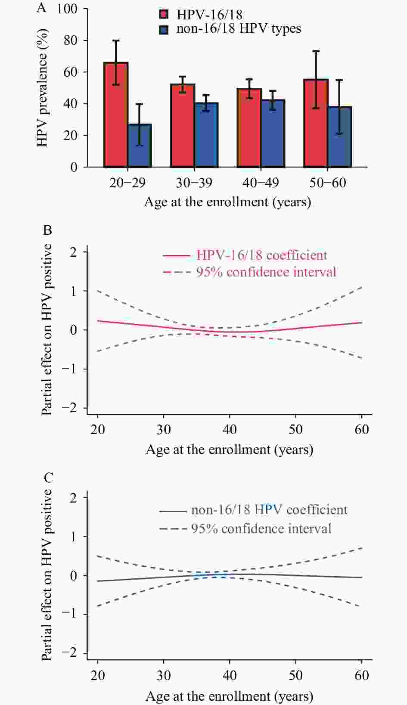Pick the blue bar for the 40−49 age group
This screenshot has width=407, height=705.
273,133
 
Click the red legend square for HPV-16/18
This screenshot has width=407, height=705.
164,15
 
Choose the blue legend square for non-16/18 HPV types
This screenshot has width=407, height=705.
164,30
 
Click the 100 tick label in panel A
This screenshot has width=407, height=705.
67,9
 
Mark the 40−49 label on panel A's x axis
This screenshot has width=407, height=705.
261,183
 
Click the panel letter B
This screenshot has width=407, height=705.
47,230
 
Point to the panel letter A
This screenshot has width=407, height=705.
41,8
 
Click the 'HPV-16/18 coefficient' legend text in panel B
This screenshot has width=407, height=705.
262,255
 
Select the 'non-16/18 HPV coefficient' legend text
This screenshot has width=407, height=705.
269,510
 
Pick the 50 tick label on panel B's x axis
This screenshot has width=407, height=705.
295,429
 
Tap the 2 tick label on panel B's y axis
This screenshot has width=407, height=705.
73,252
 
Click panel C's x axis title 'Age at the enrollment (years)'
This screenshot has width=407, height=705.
229,696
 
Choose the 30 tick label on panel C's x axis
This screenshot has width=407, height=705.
164,675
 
